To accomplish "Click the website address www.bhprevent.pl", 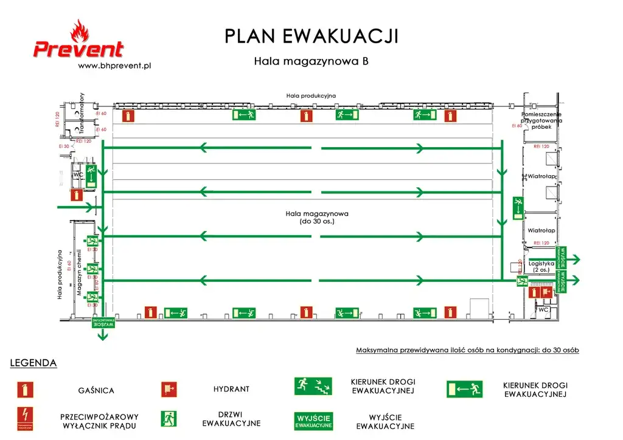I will (115, 66).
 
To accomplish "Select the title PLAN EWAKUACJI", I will (311, 36).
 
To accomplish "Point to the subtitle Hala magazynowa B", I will (311, 61).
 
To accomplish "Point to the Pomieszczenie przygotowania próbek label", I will (541, 120).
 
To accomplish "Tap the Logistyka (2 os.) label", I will (541, 266).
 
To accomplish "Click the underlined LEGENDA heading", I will (33, 363).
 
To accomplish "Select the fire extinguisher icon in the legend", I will (26, 390).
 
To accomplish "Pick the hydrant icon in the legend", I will (169, 389).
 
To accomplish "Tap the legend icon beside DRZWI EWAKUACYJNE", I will (169, 418).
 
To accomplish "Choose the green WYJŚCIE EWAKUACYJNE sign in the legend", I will (314, 421).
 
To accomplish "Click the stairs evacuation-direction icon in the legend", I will (314, 385).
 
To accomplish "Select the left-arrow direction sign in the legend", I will (464, 389).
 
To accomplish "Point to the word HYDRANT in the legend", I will (231, 389).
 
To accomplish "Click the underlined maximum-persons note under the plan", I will (467, 350).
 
